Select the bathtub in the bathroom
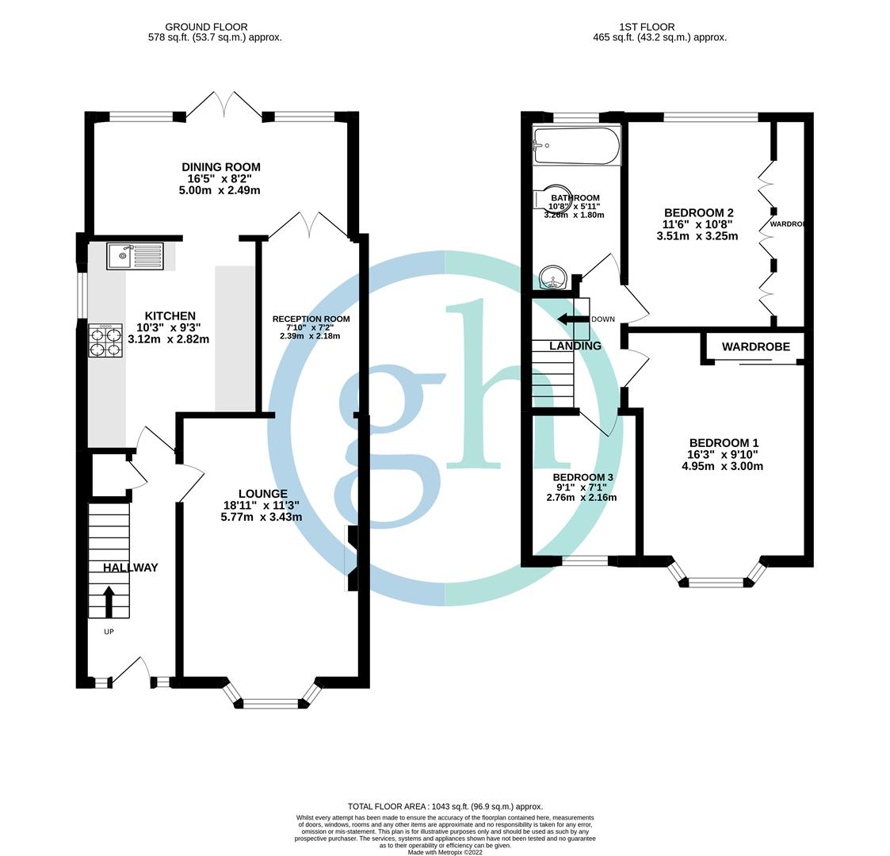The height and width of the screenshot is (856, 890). pyautogui.click(x=576, y=146)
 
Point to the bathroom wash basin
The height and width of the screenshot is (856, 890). pyautogui.click(x=552, y=278)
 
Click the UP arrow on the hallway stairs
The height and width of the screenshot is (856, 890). pyautogui.click(x=109, y=602)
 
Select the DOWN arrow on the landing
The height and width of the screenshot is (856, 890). pyautogui.click(x=572, y=319)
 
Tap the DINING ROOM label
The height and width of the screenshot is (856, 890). pyautogui.click(x=220, y=167)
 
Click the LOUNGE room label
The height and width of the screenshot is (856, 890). pyautogui.click(x=262, y=494)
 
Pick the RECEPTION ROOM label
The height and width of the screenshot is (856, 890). pyautogui.click(x=311, y=319)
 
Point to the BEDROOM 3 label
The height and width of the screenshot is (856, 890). pyautogui.click(x=583, y=477)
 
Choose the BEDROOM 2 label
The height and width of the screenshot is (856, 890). pyautogui.click(x=698, y=212)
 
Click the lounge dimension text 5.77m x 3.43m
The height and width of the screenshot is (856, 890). pyautogui.click(x=262, y=517)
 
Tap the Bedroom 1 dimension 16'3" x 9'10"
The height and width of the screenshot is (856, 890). pyautogui.click(x=723, y=455)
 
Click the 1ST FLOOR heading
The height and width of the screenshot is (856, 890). pyautogui.click(x=659, y=27)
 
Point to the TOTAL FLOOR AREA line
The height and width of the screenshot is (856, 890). pyautogui.click(x=445, y=806)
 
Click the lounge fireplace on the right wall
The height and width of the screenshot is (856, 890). pyautogui.click(x=351, y=559)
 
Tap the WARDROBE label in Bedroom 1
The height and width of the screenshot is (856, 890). pyautogui.click(x=755, y=347)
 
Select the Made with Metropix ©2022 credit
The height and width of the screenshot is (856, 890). pyautogui.click(x=445, y=852)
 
